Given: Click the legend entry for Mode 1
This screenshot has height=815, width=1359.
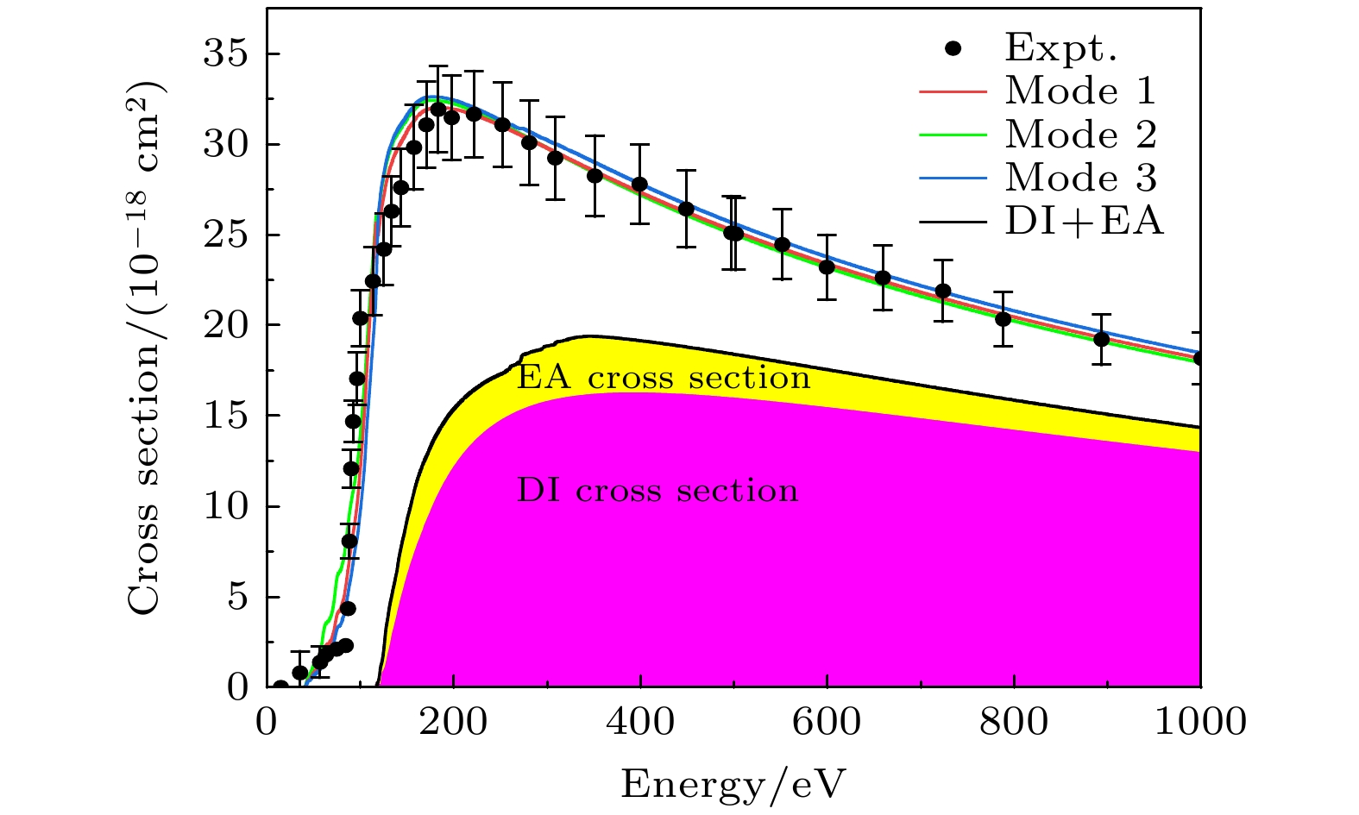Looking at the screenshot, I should (1080, 91).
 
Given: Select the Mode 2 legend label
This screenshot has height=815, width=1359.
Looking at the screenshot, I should (1080, 135).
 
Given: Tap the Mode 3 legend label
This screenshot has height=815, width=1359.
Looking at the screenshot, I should (1080, 178).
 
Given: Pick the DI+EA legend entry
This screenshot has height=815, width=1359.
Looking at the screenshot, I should (1084, 222).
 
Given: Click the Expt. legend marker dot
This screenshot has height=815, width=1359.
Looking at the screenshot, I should (953, 49).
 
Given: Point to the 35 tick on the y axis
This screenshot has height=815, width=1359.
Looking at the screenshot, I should (225, 54).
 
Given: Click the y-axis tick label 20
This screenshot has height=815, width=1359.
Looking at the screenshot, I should (225, 325).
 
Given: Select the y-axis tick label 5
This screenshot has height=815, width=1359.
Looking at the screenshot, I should (237, 597).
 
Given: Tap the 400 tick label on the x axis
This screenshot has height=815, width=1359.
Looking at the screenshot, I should (639, 722).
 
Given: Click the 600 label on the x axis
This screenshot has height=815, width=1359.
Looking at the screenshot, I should (827, 722).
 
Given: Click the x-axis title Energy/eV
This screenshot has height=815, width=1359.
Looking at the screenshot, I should (733, 785).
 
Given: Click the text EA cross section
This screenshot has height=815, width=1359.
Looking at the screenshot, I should (663, 378).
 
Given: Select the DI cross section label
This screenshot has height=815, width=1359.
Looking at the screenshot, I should (657, 491).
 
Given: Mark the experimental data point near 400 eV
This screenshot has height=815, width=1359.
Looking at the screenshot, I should (639, 184).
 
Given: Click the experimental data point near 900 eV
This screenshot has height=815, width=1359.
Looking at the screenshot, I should (1101, 339).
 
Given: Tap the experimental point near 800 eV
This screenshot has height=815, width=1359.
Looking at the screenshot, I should (1003, 318).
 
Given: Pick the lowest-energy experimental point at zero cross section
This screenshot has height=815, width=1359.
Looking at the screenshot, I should (280, 687).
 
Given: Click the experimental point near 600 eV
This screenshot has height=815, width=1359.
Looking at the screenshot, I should (827, 266).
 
